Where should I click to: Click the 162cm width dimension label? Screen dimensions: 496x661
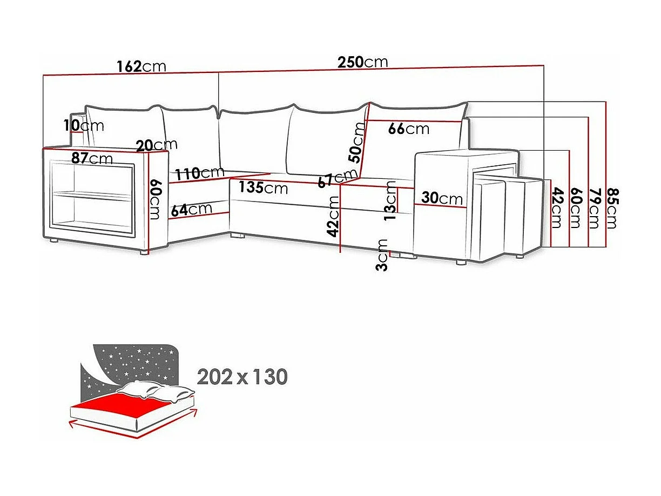click(141, 66)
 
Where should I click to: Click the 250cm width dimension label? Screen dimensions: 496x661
click(362, 62)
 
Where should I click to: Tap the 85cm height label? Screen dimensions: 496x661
click(611, 208)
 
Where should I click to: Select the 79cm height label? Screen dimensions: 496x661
click(594, 208)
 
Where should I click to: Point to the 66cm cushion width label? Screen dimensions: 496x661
click(409, 129)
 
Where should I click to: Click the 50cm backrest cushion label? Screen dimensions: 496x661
click(357, 143)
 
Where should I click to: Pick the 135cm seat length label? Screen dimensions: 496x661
click(264, 189)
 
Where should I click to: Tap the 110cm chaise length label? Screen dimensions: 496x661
click(199, 173)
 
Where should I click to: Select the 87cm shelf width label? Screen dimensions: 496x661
click(92, 158)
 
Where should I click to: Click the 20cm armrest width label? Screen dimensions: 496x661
click(157, 145)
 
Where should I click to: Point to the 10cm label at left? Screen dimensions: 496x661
click(83, 126)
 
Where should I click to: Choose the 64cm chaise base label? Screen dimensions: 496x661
click(191, 210)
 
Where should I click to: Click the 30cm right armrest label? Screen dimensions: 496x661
click(442, 198)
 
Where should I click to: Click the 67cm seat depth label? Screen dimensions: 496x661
click(338, 179)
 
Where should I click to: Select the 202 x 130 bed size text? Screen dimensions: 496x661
click(242, 377)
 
